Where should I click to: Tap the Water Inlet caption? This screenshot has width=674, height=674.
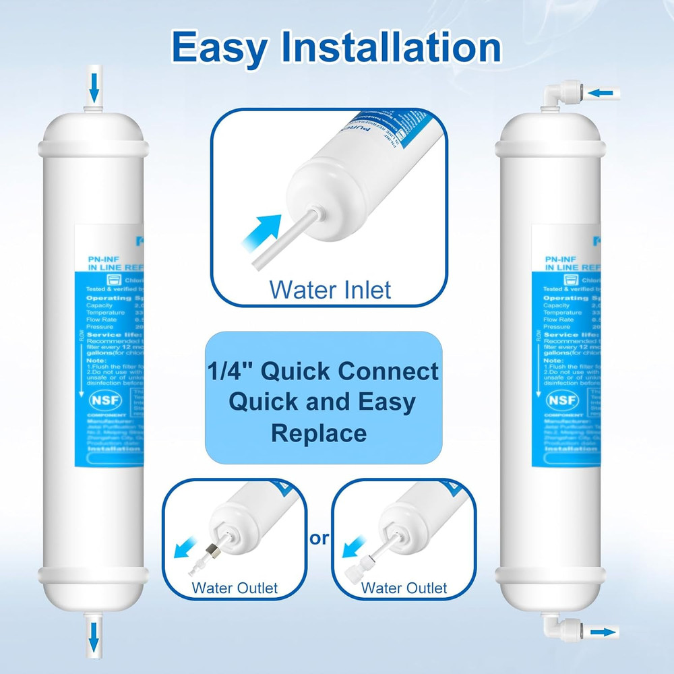pyautogui.click(x=330, y=290)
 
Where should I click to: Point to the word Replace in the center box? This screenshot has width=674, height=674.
pyautogui.click(x=319, y=433)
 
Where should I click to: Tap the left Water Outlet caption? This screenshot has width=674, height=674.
pyautogui.click(x=235, y=588)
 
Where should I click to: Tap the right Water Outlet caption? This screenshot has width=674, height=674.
pyautogui.click(x=404, y=588)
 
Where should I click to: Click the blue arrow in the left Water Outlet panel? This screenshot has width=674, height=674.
pyautogui.click(x=183, y=547)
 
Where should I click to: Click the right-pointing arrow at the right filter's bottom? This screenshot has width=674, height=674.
pyautogui.click(x=604, y=632)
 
